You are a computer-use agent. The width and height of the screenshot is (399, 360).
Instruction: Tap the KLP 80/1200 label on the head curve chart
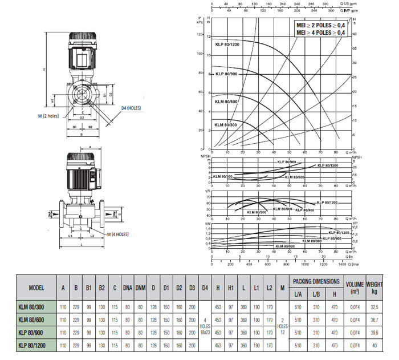(226, 44)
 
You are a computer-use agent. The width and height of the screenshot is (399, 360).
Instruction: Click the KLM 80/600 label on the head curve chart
(226, 101)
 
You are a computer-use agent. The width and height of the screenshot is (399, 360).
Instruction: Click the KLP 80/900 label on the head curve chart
(226, 74)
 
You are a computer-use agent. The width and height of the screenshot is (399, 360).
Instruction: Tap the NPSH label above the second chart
(200, 156)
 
